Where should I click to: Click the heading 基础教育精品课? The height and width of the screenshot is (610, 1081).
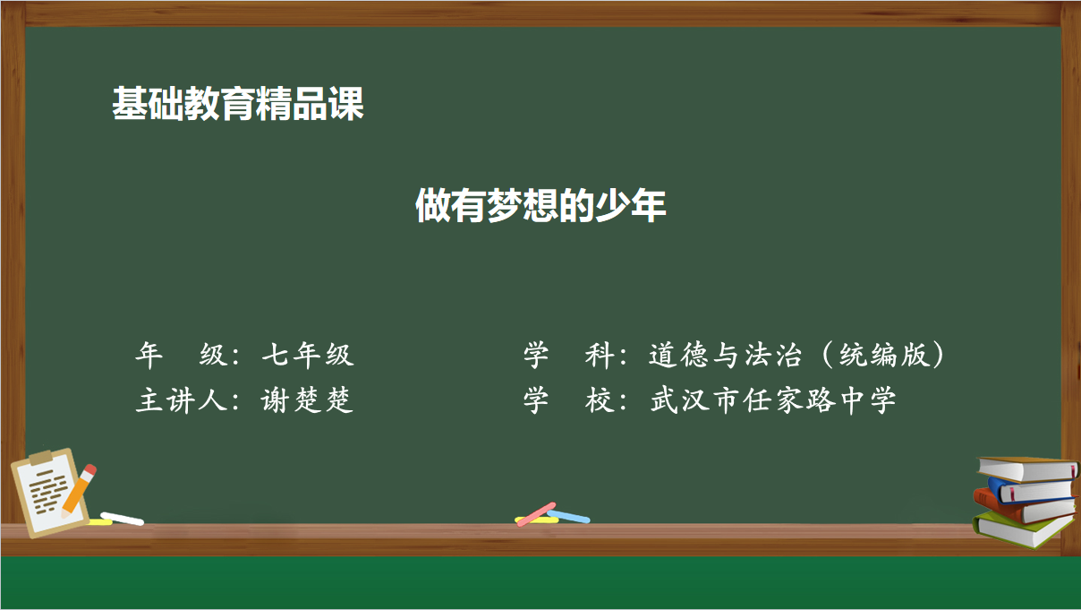238,104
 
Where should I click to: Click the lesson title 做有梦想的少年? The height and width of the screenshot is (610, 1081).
540,205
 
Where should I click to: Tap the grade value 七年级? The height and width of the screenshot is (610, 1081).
308,355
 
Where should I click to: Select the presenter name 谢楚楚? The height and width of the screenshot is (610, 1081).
307,400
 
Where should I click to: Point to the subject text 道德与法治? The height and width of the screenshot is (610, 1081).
725,355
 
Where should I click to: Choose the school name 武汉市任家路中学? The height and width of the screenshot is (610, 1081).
773,400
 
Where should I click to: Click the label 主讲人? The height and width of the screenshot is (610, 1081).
182,400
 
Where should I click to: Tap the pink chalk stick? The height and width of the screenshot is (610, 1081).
536,514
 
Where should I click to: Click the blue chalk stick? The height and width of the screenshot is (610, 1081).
568,516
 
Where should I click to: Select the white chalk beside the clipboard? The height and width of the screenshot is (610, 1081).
122,519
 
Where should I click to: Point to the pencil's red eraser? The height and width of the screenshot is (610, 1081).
89,470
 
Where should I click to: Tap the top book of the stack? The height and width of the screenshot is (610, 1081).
1028,468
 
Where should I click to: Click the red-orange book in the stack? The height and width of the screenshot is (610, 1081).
1023,511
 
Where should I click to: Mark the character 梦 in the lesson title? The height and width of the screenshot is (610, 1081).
505,205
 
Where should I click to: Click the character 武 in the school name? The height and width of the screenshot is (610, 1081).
665,400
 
